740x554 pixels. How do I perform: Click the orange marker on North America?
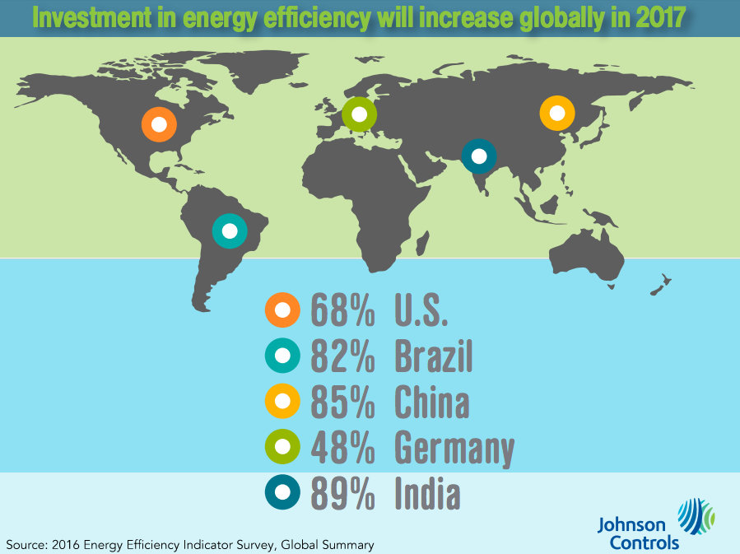tap(160, 125)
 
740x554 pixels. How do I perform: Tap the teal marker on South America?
tap(230, 230)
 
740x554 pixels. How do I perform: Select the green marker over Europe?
tap(360, 114)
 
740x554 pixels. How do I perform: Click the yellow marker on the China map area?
tap(556, 113)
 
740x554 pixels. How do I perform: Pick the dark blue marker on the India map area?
tap(479, 156)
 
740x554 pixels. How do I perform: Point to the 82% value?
tap(343, 357)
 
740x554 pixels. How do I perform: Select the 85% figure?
tap(343, 403)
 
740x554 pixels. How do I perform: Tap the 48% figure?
tap(343, 449)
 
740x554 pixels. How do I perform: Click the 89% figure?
tap(343, 494)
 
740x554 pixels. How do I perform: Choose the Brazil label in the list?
tap(434, 357)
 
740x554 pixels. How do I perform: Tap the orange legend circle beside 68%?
tap(283, 310)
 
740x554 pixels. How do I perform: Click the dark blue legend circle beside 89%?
tap(283, 493)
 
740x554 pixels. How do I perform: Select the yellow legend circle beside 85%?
tap(283, 402)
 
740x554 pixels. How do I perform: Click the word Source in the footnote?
tap(25, 544)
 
